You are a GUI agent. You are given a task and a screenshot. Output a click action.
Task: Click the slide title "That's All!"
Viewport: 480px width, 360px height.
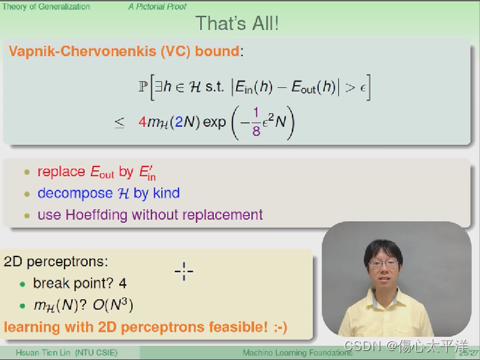click(x=237, y=23)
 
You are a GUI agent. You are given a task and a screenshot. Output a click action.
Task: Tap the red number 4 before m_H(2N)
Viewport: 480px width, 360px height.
click(x=142, y=121)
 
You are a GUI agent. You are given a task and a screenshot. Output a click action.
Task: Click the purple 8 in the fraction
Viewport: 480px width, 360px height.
click(x=256, y=131)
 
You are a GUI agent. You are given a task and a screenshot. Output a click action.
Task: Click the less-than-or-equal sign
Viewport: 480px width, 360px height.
click(x=119, y=123)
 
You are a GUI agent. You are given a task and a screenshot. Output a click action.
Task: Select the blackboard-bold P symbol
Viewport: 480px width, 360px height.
click(x=142, y=87)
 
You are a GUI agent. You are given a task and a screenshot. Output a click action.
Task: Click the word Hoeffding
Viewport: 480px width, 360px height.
click(x=96, y=214)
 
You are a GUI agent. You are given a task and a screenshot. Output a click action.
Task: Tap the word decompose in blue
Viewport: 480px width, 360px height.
click(x=75, y=193)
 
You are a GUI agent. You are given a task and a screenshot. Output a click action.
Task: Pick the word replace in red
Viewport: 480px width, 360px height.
click(x=61, y=172)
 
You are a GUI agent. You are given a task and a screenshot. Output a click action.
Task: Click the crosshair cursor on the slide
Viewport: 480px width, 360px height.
click(x=184, y=271)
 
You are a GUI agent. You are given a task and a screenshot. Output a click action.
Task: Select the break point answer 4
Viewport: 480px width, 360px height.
click(x=123, y=283)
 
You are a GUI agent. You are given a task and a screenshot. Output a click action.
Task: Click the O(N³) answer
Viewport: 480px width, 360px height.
click(x=113, y=304)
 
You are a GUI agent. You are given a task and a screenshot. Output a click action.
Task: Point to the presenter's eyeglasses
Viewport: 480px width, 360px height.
click(x=383, y=263)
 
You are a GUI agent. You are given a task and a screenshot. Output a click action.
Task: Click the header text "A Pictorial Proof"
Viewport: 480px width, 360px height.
click(x=157, y=7)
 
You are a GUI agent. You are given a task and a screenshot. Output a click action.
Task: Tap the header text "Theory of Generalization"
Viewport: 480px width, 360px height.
click(x=46, y=7)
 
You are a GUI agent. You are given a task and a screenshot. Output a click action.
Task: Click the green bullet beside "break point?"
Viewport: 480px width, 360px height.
click(x=22, y=284)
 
